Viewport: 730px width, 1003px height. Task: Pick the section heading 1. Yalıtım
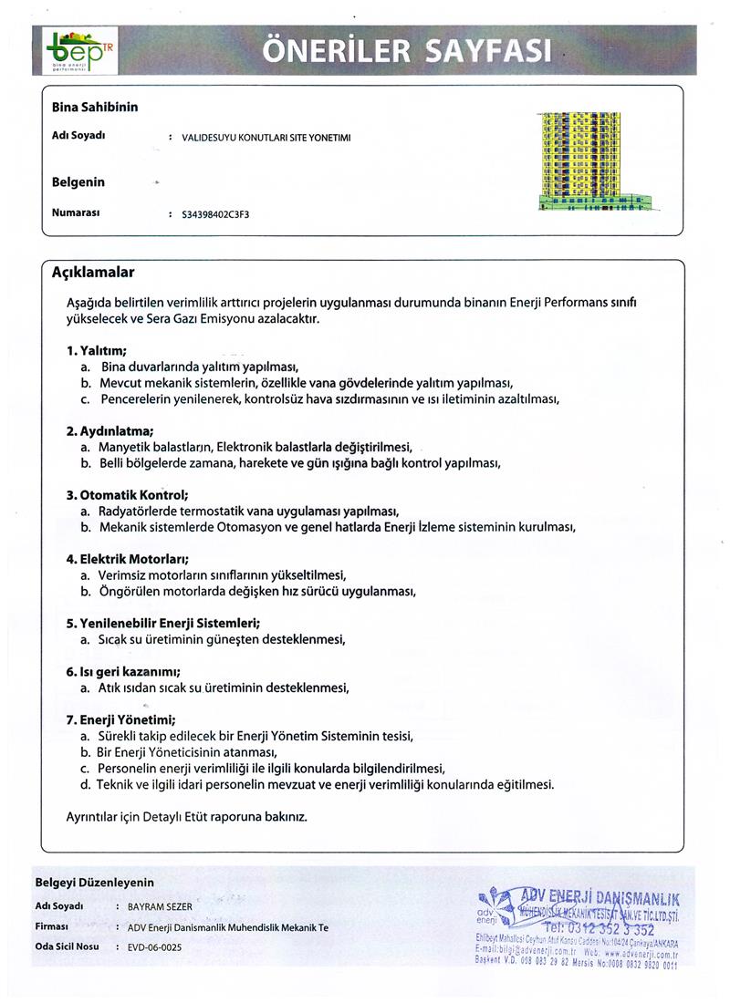96,350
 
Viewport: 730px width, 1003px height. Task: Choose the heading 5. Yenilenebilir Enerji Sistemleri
163,623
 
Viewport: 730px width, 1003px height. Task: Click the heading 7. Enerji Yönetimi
120,719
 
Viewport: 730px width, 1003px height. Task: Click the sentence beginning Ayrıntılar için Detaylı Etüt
187,816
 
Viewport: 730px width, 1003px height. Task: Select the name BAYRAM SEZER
160,907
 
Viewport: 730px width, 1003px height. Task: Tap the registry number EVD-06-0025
154,947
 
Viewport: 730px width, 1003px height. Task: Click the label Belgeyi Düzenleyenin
95,882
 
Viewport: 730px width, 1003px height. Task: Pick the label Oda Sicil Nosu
67,947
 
